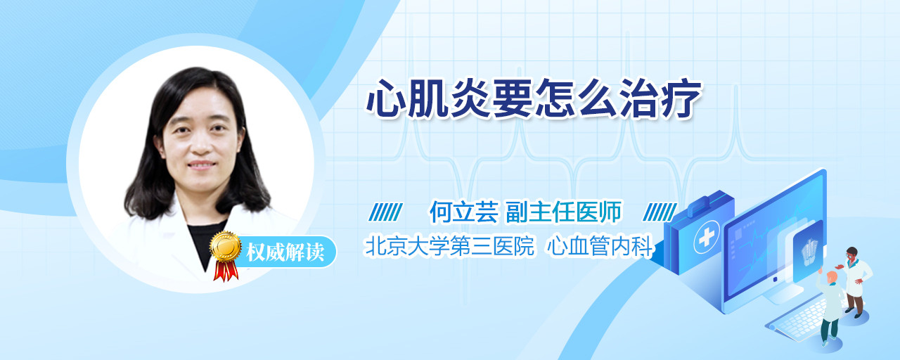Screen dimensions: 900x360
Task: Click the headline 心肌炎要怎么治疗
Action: (x=534, y=98)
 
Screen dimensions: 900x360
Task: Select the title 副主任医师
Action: (x=564, y=212)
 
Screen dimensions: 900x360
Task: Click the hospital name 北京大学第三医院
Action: (x=449, y=246)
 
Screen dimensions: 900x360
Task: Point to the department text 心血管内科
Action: (x=600, y=246)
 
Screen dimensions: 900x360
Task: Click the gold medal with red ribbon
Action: (x=226, y=255)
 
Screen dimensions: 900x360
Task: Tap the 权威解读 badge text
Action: (x=285, y=252)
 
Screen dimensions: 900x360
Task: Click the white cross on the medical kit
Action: (x=707, y=238)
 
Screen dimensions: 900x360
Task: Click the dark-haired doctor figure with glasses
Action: (x=854, y=281)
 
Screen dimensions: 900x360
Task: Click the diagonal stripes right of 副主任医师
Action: (x=660, y=212)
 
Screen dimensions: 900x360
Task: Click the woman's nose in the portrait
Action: (x=200, y=144)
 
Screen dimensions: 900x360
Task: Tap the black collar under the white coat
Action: (x=207, y=241)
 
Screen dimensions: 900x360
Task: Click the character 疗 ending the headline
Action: (x=681, y=98)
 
